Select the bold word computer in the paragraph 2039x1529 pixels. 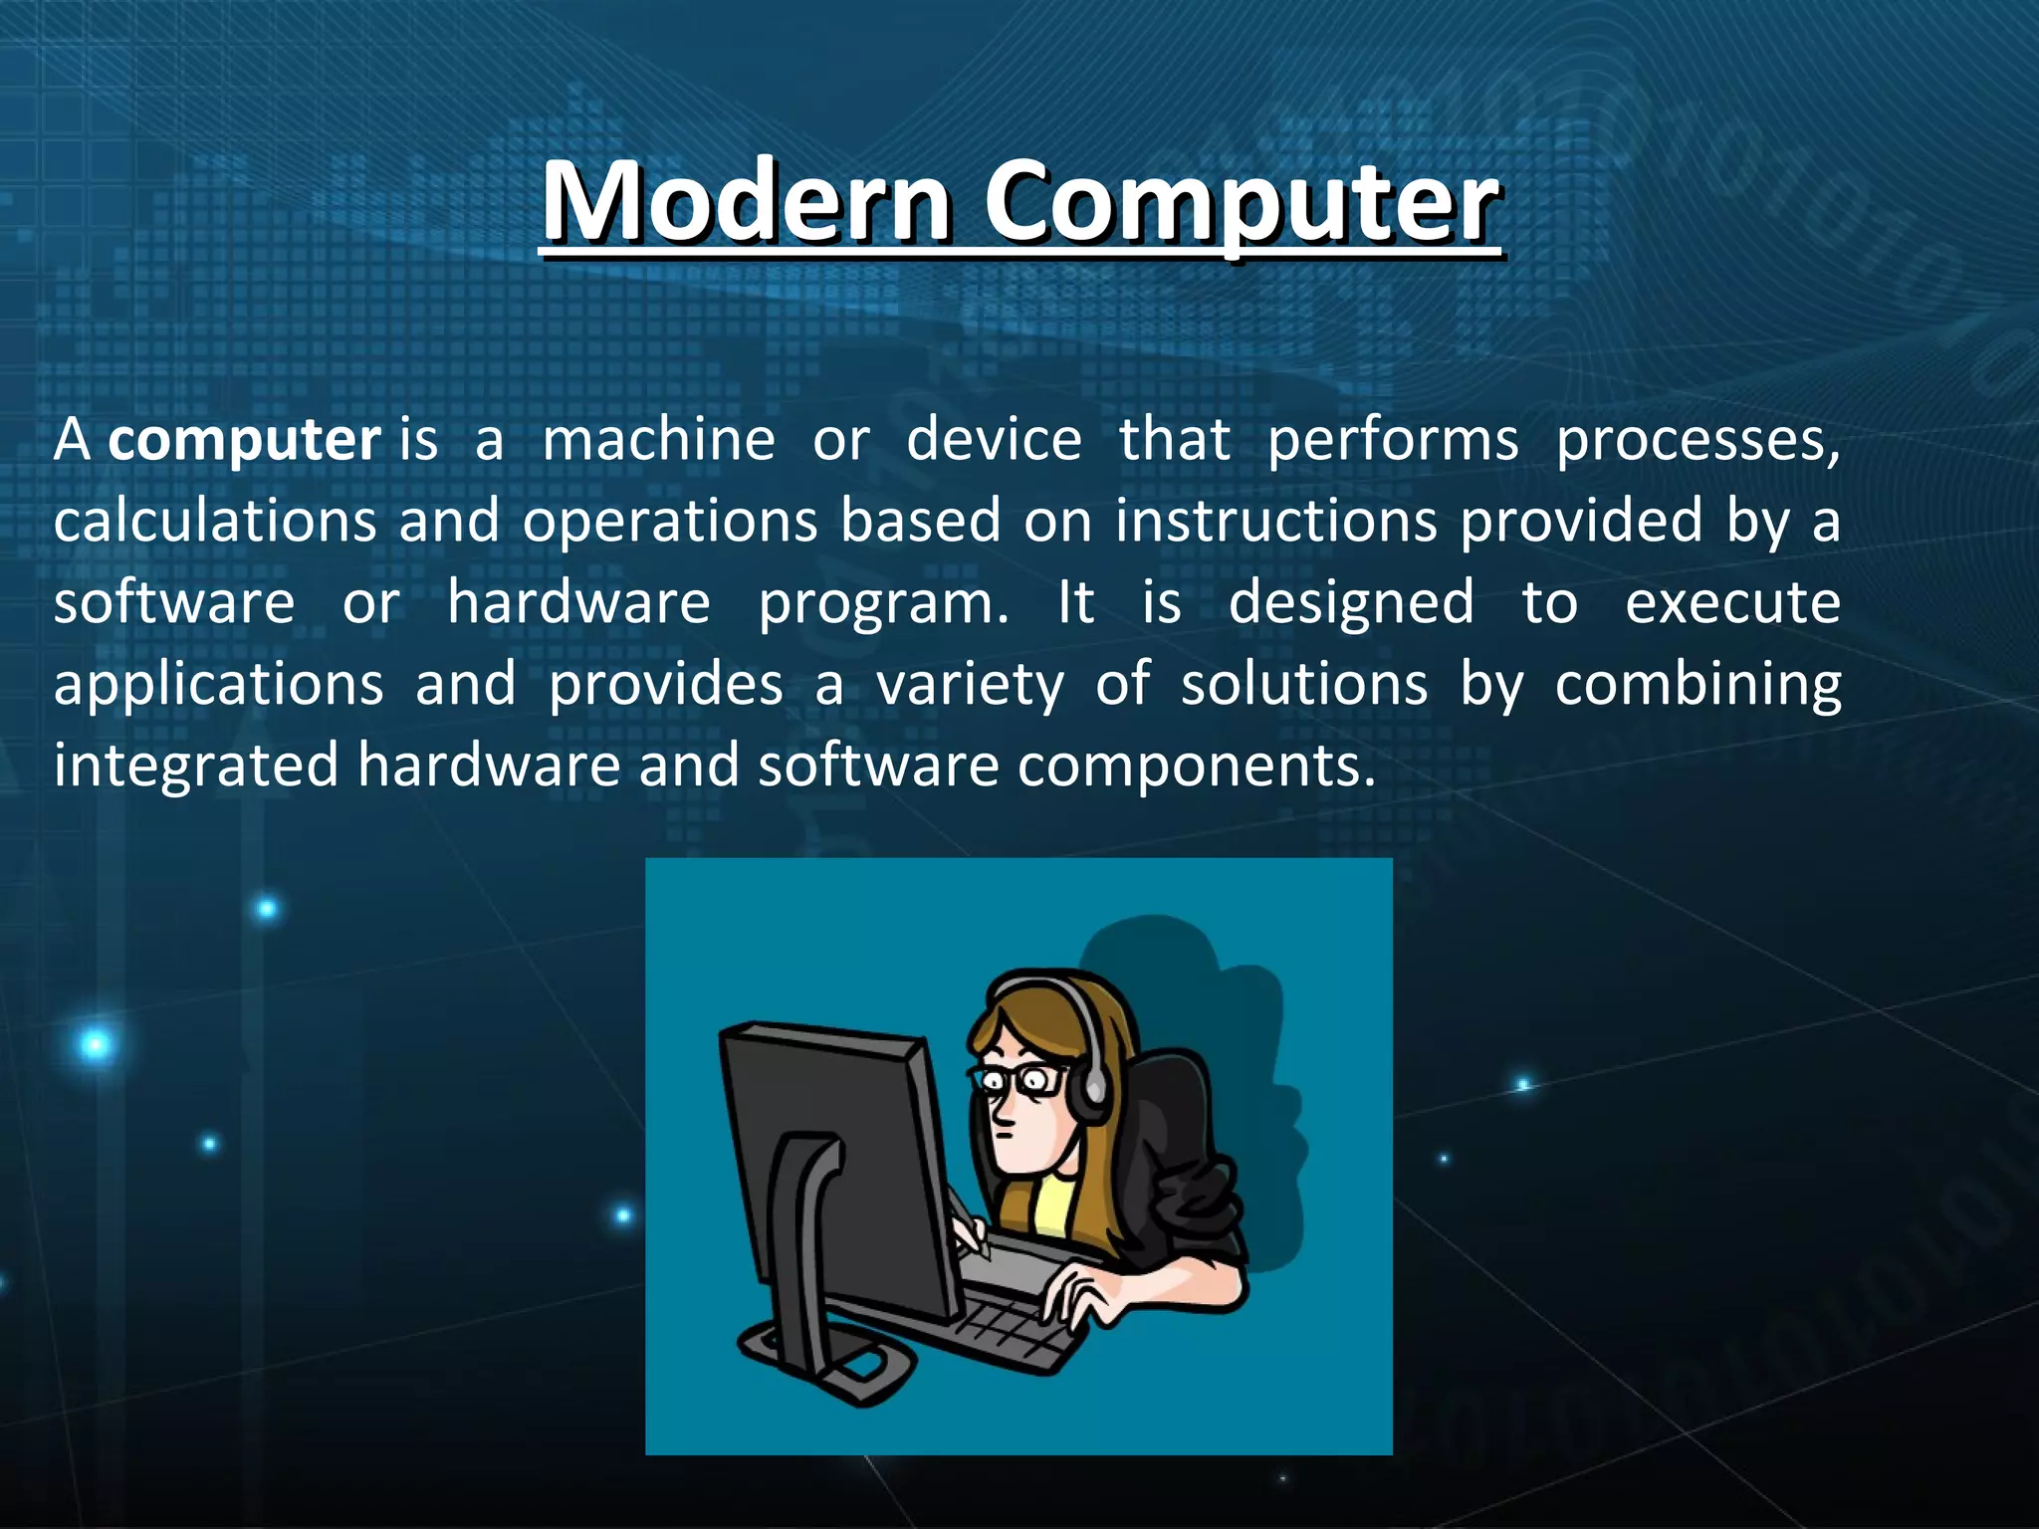244,441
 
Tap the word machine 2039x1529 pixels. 658,439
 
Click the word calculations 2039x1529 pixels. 215,522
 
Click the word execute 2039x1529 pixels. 1732,603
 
